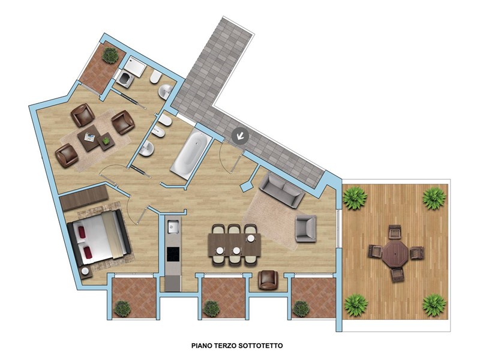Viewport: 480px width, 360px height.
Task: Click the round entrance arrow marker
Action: point(241,136)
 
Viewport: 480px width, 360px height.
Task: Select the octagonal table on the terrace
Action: point(395,253)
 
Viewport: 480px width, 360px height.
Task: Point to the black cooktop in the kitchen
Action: point(173,254)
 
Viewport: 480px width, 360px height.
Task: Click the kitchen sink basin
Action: point(173,227)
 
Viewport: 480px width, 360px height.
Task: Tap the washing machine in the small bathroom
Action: point(125,79)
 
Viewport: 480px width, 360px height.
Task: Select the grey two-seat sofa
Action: point(281,190)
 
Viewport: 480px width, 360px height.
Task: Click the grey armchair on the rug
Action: point(305,229)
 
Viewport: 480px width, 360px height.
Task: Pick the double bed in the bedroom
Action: point(99,238)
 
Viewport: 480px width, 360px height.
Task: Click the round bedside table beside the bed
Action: point(85,272)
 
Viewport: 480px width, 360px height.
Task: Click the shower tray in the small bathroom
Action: point(134,67)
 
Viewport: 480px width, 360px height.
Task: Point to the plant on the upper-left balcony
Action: point(110,55)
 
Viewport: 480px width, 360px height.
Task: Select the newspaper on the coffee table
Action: point(89,137)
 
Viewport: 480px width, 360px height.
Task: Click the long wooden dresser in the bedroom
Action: point(84,197)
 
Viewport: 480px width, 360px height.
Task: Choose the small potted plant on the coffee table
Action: point(106,140)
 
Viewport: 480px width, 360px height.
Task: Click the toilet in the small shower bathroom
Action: point(155,77)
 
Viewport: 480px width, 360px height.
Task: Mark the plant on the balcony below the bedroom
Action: point(122,308)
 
